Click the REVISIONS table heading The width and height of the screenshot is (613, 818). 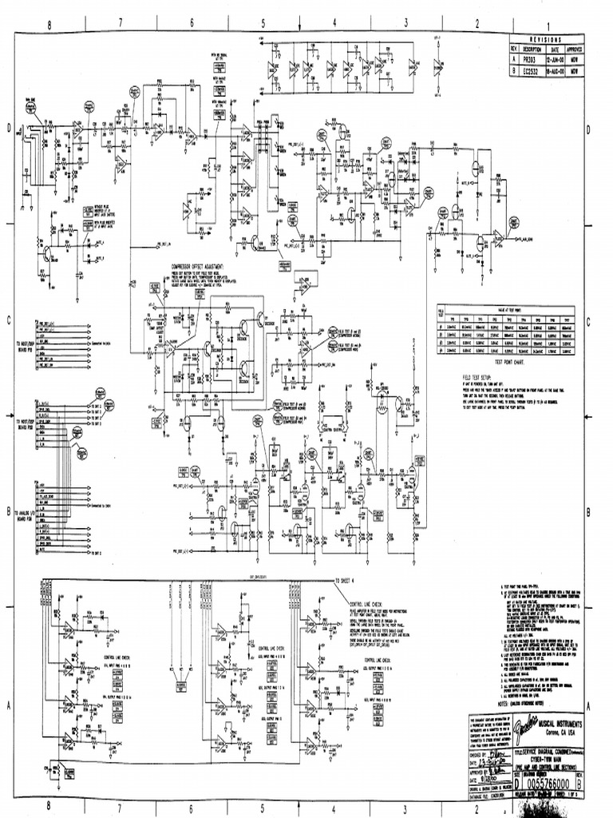point(543,39)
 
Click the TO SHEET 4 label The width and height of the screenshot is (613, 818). point(350,581)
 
